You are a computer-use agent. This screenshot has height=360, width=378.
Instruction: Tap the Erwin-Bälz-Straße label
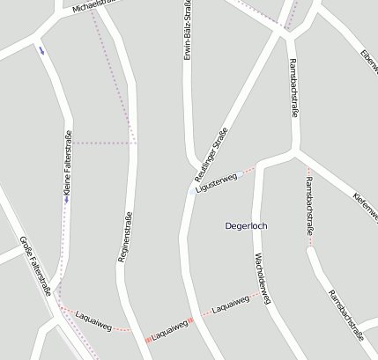point(188,30)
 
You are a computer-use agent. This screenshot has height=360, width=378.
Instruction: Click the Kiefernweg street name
point(365,207)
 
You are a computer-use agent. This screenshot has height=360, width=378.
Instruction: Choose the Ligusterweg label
point(217,180)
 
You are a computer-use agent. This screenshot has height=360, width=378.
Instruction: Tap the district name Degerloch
point(246,226)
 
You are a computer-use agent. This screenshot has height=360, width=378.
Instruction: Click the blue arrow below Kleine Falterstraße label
point(65,199)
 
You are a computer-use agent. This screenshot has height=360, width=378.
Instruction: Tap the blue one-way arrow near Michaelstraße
point(40,49)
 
